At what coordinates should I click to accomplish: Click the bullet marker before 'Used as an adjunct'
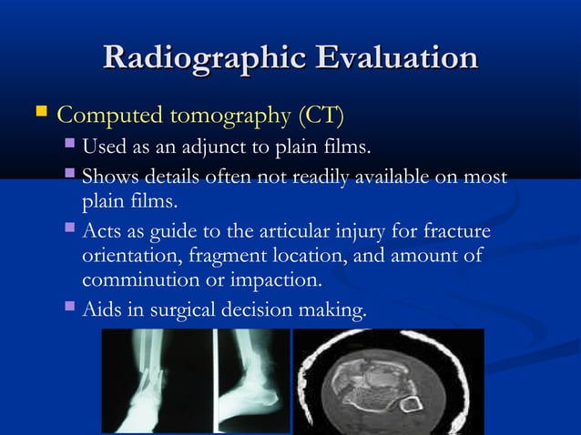(x=71, y=147)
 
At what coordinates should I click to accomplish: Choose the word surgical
(x=176, y=311)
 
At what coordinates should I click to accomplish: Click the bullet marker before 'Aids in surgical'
(x=71, y=310)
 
